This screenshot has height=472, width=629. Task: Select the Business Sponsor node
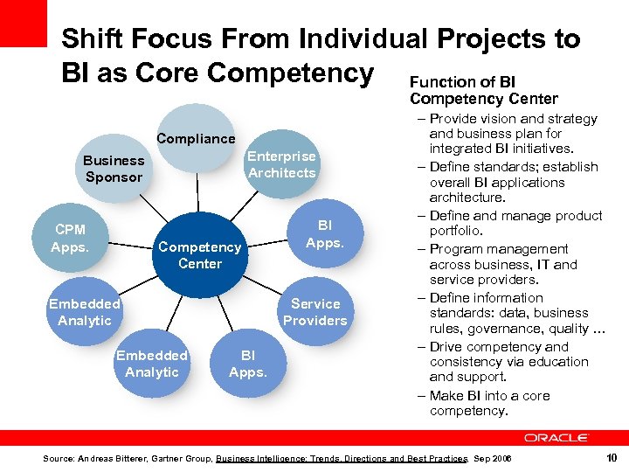[x=114, y=169]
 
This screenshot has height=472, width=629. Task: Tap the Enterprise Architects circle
[x=281, y=164]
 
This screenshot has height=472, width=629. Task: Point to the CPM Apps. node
[x=70, y=238]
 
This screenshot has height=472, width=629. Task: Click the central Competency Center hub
[x=199, y=255]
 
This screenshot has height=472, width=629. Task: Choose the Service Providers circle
[x=314, y=312]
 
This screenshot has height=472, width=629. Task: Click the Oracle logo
[x=556, y=437]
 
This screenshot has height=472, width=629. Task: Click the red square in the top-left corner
[x=23, y=23]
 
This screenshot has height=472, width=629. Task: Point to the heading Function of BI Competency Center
[x=483, y=90]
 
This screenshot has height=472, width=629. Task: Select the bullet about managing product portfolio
[x=515, y=224]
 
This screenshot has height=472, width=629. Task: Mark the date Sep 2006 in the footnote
[x=494, y=459]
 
